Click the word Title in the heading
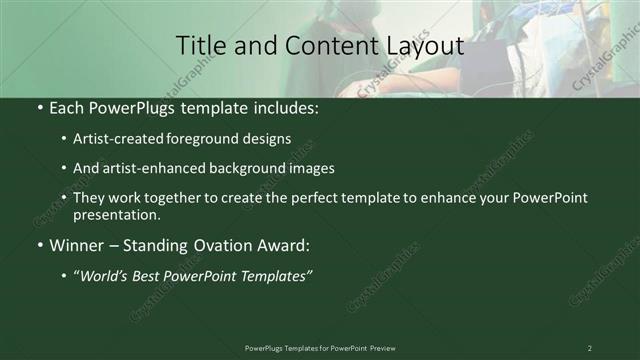coord(199,46)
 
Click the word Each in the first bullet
coord(67,107)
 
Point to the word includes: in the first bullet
coord(284,107)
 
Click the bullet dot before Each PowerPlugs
coord(39,107)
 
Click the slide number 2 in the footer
coord(590,348)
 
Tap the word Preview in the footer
coord(390,348)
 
